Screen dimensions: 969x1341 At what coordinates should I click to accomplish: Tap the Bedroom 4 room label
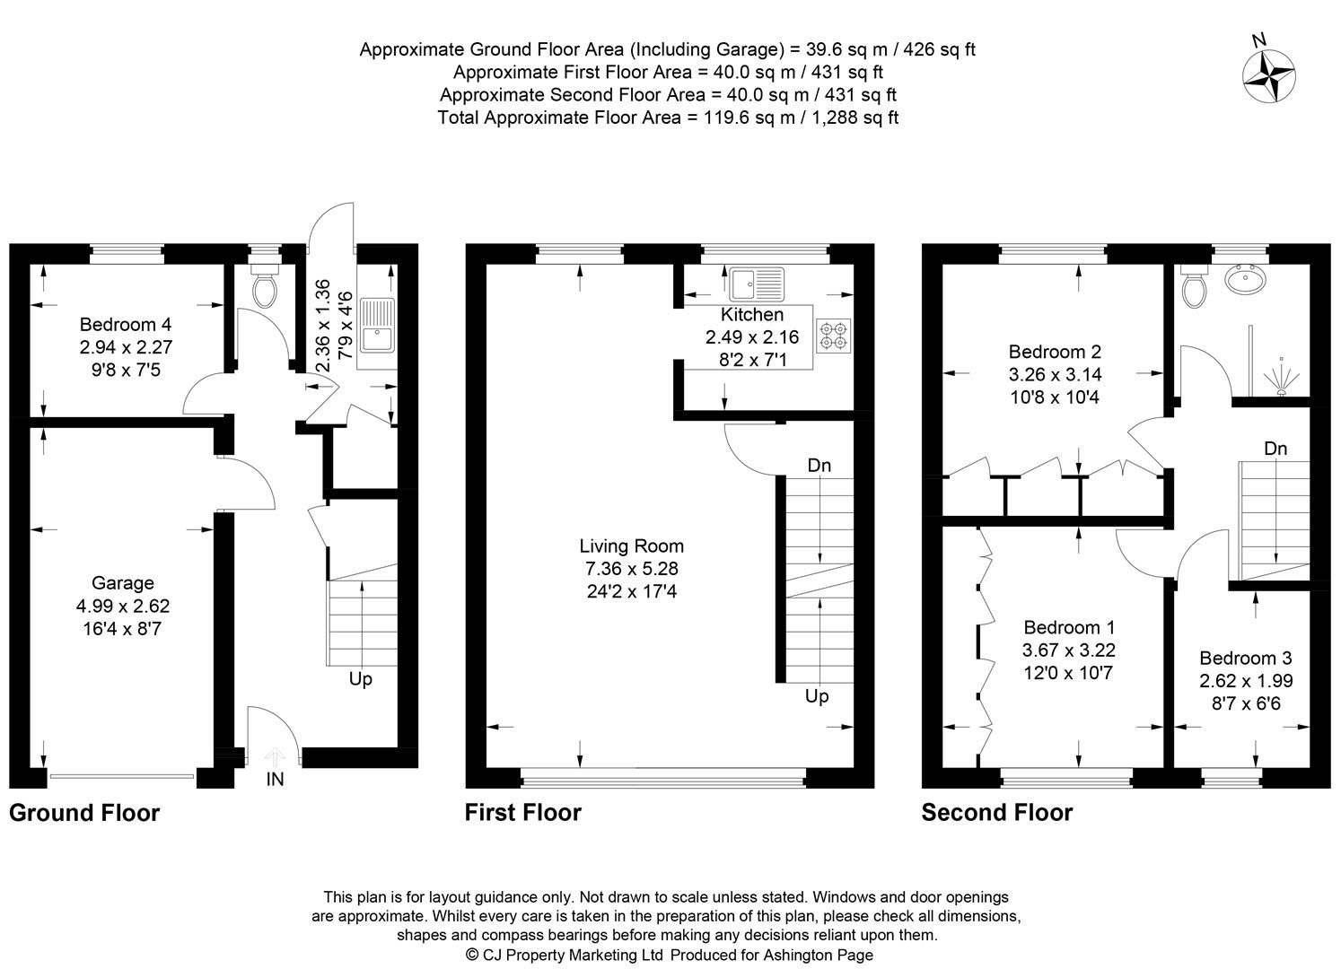125,325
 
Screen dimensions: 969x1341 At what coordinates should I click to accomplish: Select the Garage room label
123,583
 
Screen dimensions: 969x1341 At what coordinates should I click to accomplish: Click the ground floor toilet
265,288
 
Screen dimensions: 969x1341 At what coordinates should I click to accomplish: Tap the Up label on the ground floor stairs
360,679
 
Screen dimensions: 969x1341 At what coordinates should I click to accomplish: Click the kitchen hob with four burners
833,335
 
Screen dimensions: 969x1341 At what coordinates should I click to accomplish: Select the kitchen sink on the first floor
756,284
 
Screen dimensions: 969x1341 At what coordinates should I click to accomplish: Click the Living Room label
631,546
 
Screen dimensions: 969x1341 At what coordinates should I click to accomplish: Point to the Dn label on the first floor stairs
819,466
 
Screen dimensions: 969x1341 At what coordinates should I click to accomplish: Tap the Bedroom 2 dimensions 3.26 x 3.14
1056,374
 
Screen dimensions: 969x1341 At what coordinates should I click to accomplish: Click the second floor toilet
1194,287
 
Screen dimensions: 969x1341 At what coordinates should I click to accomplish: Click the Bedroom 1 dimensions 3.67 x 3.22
1068,650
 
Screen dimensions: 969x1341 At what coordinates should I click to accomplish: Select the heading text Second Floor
996,813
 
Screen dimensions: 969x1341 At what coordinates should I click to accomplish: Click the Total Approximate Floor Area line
668,118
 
